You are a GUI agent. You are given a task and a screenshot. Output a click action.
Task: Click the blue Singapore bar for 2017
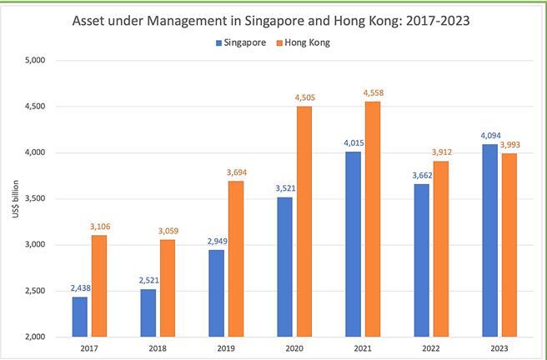click(79, 317)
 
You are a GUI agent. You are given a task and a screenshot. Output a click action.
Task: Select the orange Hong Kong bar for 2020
click(304, 222)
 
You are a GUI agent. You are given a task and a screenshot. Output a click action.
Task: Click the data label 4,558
click(373, 92)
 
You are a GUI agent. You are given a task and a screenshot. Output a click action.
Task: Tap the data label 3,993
click(509, 145)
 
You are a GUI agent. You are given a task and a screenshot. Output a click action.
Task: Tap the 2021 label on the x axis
click(362, 348)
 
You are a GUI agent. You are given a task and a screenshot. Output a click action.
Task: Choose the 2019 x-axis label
click(226, 348)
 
